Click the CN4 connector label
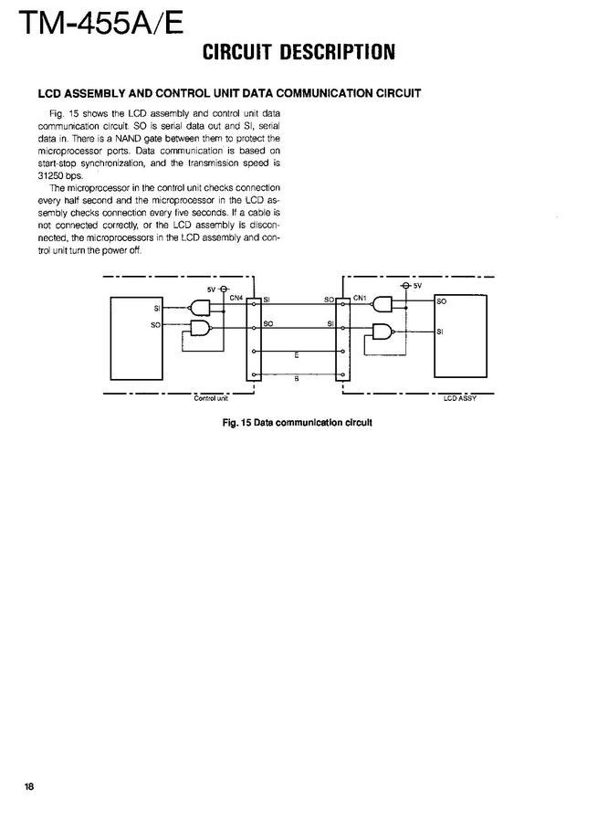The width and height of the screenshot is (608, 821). coord(236,297)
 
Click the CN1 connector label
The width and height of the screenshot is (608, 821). coord(360,297)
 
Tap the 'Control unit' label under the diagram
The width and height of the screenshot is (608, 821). coord(211,398)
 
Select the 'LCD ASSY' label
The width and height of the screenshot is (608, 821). coord(460,398)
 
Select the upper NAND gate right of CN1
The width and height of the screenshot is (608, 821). coord(383,306)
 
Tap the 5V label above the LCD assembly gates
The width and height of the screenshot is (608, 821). coord(418,286)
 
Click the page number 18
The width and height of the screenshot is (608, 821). coord(29,787)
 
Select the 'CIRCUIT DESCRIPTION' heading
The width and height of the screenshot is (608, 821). coord(299,52)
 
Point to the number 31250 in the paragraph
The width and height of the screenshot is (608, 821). coord(50,175)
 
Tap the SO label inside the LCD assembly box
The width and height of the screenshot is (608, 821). coord(442,300)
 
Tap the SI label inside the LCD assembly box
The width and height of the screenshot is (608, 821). coord(440,332)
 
